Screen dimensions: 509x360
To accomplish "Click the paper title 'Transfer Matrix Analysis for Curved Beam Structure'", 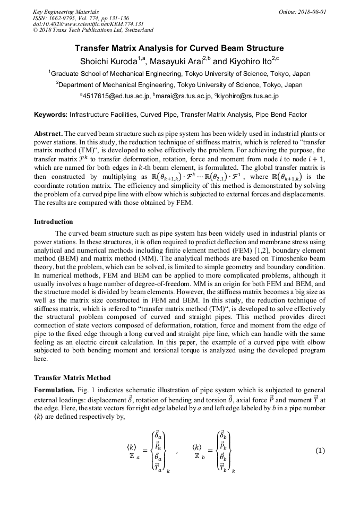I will tap(179, 48).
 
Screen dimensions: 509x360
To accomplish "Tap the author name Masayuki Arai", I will tap(181, 61).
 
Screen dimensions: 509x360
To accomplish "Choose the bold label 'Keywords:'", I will tap(51, 114).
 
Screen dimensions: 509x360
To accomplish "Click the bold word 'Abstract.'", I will tap(48, 132).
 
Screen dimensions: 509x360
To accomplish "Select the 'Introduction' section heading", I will tap(53, 221).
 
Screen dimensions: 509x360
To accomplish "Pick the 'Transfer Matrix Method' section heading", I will tap(72, 378).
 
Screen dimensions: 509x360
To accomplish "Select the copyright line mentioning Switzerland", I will tap(93, 30).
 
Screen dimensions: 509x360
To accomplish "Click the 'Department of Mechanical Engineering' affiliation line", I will tap(179, 85).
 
